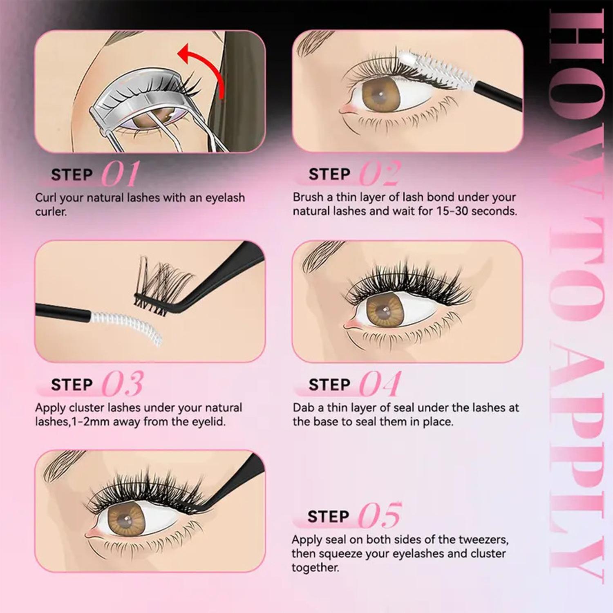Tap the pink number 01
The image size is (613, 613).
coord(121,174)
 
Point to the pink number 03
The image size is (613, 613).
coord(123,384)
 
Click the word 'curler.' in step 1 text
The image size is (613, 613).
coord(51,212)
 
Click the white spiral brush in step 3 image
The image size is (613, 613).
coord(127,325)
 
